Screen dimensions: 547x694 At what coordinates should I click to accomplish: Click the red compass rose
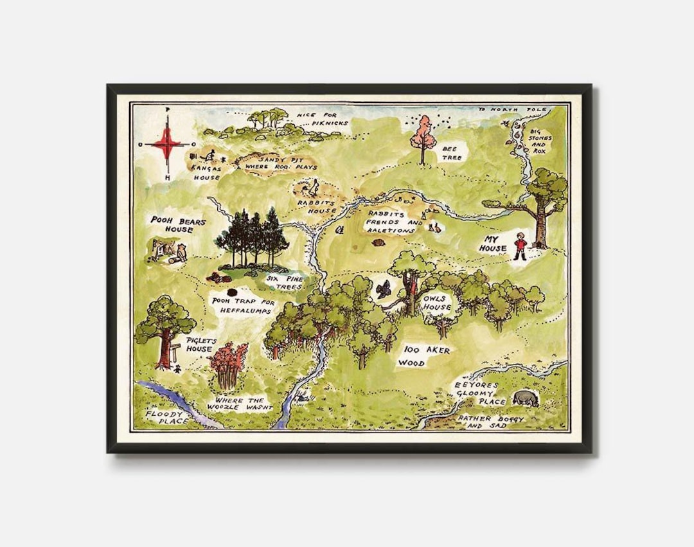coord(167,144)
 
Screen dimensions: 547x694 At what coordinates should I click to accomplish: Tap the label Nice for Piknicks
coord(321,119)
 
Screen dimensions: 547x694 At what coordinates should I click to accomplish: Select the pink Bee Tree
coord(423,136)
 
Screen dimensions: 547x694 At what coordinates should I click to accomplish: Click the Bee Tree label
coord(452,153)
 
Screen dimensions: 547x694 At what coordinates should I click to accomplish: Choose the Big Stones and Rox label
coord(540,141)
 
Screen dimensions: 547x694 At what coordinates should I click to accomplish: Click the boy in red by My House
coord(519,246)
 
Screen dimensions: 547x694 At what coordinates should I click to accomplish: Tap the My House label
coord(492,244)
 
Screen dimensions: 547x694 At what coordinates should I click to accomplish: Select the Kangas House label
coord(206,172)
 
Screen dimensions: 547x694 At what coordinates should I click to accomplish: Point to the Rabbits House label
coord(317,206)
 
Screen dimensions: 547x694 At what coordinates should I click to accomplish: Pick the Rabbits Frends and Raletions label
coord(394,221)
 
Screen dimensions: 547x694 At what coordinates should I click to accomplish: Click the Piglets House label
coord(199,345)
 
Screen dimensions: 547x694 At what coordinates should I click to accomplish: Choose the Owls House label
coord(436,303)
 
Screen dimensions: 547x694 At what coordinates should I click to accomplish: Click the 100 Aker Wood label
coord(427,356)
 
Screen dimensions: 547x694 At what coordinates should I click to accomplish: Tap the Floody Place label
coord(167,417)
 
